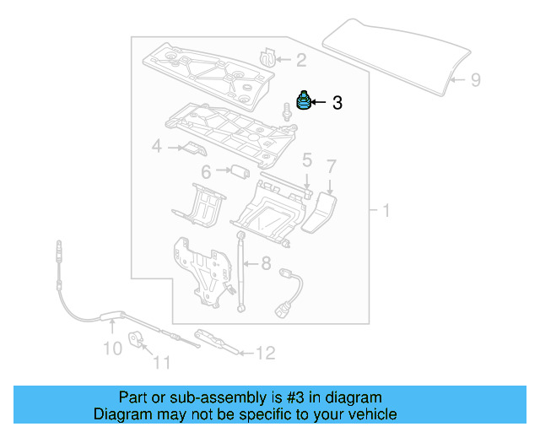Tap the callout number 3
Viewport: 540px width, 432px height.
337,104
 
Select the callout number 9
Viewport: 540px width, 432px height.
475,80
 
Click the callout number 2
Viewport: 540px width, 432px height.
301,59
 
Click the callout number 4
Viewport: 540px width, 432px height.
156,148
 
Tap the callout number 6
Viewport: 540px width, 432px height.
205,172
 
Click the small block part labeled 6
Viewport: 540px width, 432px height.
239,172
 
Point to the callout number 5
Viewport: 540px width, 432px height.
307,159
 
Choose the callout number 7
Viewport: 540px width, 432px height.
332,165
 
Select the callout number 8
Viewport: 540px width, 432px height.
266,262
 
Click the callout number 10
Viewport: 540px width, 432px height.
112,348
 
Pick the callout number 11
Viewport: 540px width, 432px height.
161,364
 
